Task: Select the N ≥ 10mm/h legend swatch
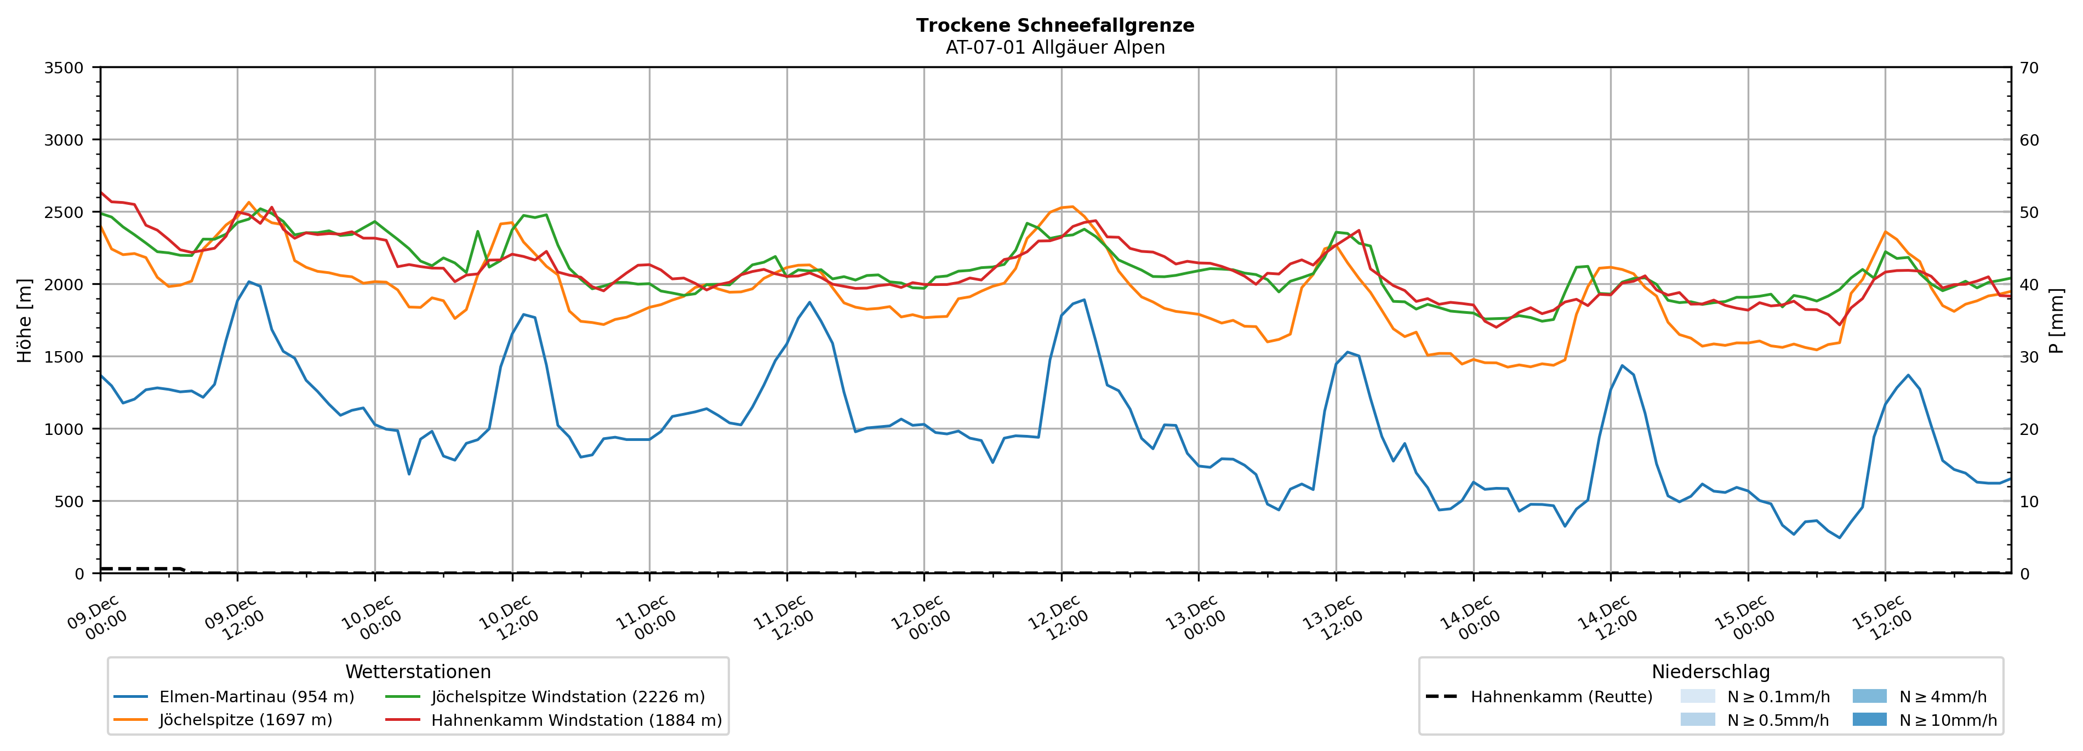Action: click(1869, 719)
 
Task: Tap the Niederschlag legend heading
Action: click(1710, 672)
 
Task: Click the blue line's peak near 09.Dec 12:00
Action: click(248, 282)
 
